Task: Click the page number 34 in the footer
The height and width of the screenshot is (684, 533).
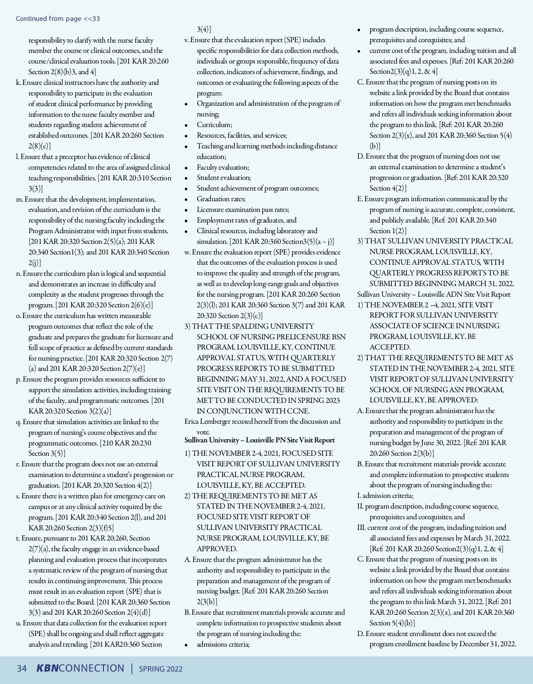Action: pyautogui.click(x=22, y=668)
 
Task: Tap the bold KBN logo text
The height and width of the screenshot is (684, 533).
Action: pyautogui.click(x=47, y=668)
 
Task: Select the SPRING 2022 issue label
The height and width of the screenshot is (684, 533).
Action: pyautogui.click(x=161, y=669)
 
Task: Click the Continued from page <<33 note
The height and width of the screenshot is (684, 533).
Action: pyautogui.click(x=58, y=19)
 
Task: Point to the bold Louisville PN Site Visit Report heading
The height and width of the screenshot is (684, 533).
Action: pyautogui.click(x=260, y=440)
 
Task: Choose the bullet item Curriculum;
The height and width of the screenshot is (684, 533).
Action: pyautogui.click(x=214, y=125)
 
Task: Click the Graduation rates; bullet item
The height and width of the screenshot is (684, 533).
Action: pyautogui.click(x=221, y=199)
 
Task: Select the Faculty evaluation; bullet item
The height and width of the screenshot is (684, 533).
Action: pyautogui.click(x=223, y=167)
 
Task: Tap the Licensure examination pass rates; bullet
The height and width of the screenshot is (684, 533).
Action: pyautogui.click(x=243, y=210)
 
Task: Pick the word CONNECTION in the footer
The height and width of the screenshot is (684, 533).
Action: pyautogui.click(x=91, y=668)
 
